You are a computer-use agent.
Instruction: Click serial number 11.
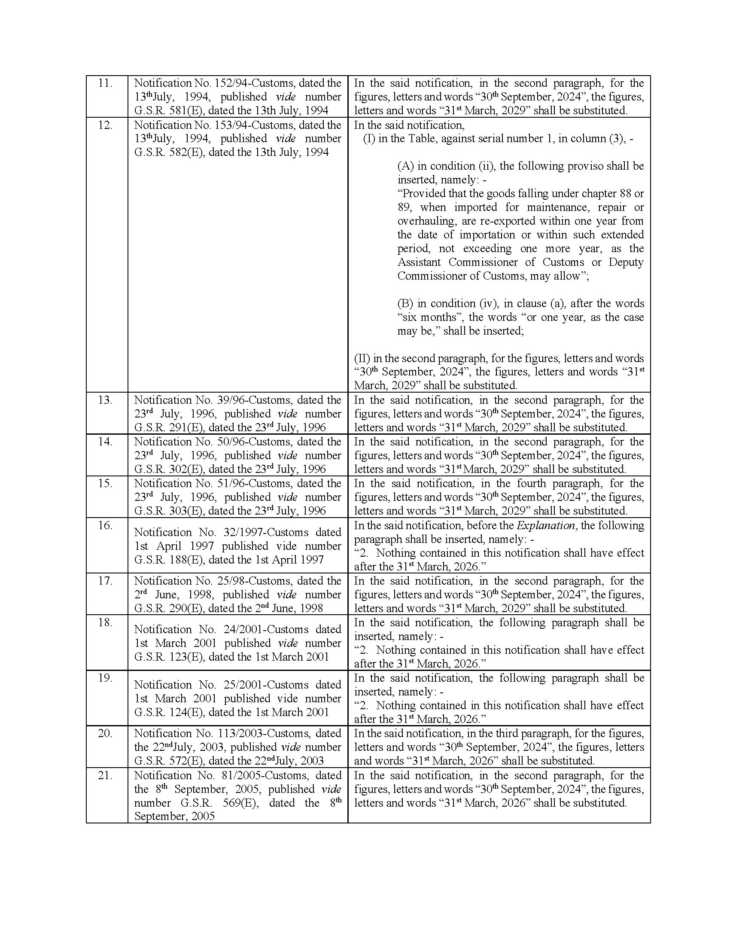pos(105,83)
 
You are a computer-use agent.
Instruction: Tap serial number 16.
pos(105,525)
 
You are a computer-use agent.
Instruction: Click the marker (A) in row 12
pos(405,166)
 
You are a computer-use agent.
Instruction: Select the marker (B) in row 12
pos(405,303)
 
